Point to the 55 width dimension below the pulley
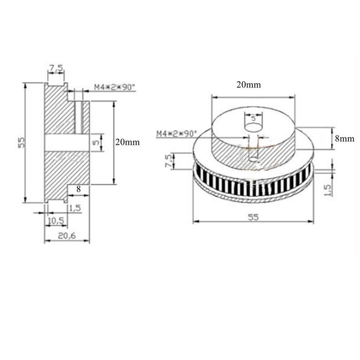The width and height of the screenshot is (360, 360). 253,216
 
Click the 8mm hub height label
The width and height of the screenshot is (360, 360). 345,139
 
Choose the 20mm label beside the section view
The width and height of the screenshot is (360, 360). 128,142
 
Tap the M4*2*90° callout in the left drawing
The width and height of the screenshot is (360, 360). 114,88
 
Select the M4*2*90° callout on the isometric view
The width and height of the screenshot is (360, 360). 177,133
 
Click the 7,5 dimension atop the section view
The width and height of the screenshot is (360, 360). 56,68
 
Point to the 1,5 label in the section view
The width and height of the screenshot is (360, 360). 75,207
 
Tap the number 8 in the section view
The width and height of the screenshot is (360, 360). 79,189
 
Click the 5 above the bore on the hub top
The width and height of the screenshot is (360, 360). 253,119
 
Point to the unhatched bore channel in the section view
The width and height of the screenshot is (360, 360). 67,142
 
